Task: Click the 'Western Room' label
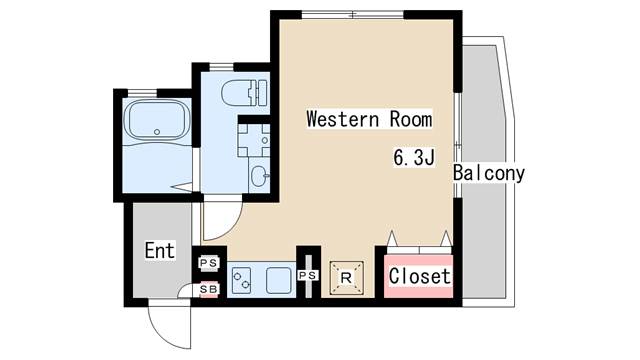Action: (369, 119)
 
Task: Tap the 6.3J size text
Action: (414, 158)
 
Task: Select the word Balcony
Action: (489, 173)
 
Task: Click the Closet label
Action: (419, 276)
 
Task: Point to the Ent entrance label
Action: (160, 250)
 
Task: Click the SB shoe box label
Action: (209, 289)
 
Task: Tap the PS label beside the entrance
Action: (209, 263)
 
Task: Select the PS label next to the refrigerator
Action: (308, 276)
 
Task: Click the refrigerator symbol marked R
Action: (346, 278)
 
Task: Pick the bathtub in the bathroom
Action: (157, 120)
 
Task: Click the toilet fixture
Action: (244, 93)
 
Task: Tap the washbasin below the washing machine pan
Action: (259, 176)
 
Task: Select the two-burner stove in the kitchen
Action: (241, 280)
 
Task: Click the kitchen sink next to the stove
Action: (279, 280)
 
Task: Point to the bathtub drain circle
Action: (157, 132)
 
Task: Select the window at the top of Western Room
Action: (353, 15)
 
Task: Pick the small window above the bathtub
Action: (142, 93)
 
